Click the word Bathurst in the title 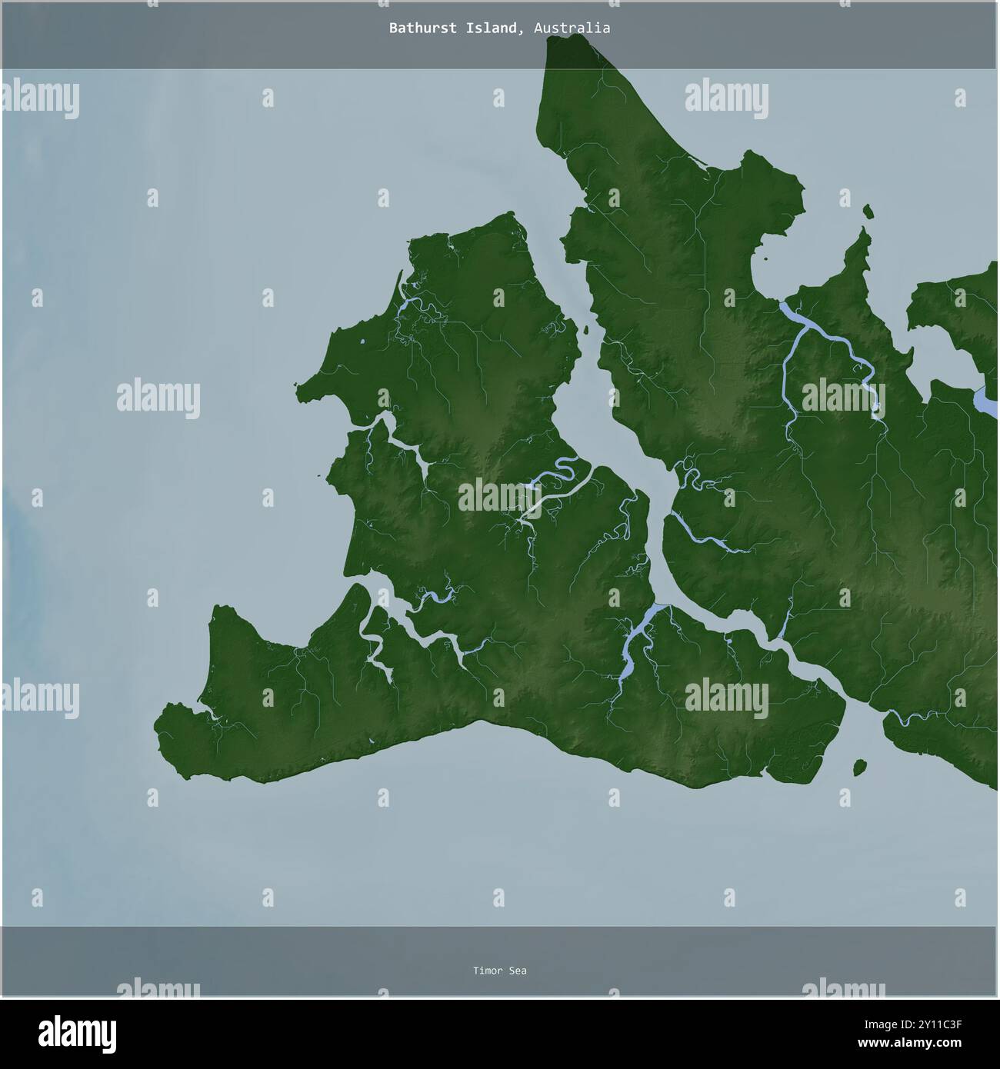point(418,28)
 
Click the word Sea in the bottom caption point(518,971)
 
